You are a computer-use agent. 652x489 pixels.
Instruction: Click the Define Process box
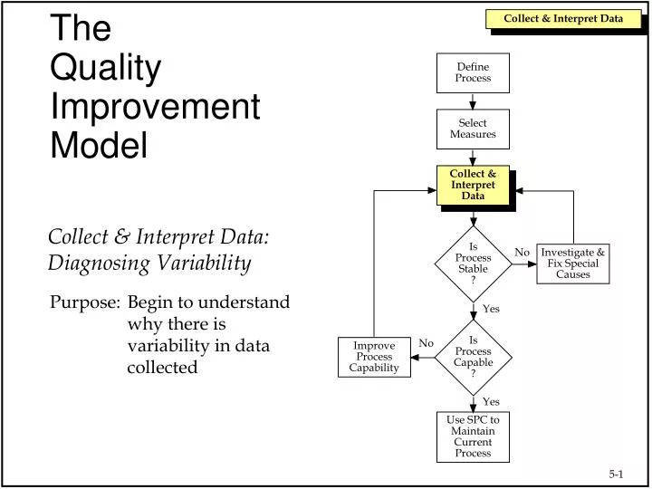(x=473, y=72)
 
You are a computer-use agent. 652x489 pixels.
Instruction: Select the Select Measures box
(x=473, y=129)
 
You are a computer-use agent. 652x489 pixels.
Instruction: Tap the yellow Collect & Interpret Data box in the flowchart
(x=473, y=185)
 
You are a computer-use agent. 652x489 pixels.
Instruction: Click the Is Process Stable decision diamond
(x=473, y=263)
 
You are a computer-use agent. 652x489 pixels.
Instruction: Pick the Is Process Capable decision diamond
(x=473, y=356)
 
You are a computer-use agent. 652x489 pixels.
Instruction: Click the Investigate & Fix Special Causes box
(x=572, y=264)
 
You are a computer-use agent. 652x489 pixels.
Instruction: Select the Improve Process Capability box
(x=374, y=357)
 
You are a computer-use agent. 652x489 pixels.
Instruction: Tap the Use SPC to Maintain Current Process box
(x=473, y=436)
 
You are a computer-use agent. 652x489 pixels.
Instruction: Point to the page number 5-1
(x=617, y=474)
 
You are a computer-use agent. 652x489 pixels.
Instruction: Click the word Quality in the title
(x=106, y=68)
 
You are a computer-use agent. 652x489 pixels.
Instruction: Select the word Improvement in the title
(x=155, y=107)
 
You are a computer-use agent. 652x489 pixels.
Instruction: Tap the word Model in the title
(x=99, y=145)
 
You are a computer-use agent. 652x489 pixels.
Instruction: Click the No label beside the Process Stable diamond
(x=522, y=252)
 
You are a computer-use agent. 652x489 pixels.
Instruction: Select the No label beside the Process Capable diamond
(x=427, y=343)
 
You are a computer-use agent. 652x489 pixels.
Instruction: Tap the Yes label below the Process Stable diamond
(x=491, y=309)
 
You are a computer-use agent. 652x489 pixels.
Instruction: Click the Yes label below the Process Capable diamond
(x=491, y=401)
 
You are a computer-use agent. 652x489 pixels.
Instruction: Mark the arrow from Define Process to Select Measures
(x=473, y=101)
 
